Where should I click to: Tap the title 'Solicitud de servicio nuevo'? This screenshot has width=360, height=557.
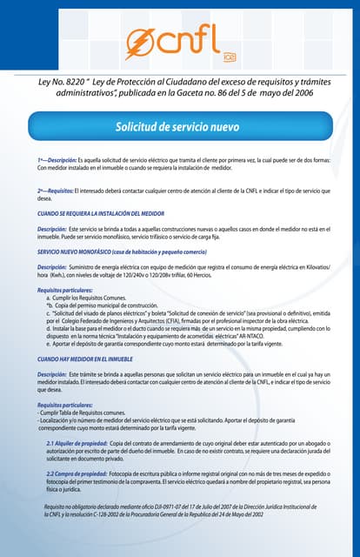pos(177,127)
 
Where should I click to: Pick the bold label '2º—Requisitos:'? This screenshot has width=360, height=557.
pos(56,190)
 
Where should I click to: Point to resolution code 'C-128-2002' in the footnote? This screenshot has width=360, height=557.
pos(122,514)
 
